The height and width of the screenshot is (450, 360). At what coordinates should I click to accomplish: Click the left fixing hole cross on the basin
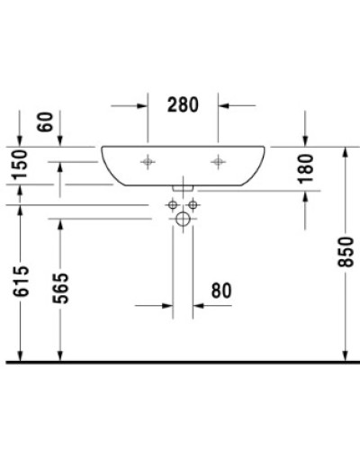148,162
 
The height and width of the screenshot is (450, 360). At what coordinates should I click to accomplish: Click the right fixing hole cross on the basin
217,162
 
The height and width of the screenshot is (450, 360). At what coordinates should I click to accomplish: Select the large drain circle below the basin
183,219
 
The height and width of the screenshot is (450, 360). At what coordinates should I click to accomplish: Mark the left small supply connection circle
172,206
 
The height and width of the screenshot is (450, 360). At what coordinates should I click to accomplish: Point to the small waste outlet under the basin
183,186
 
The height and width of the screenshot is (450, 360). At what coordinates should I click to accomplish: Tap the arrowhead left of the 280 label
141,106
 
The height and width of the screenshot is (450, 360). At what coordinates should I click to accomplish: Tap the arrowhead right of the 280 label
223,106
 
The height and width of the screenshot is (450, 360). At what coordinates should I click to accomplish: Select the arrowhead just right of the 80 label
199,306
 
